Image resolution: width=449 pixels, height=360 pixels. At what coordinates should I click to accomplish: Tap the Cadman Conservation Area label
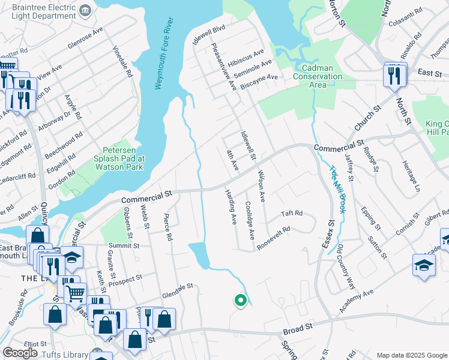tap(318, 76)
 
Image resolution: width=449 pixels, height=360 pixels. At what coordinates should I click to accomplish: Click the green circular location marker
tap(240, 300)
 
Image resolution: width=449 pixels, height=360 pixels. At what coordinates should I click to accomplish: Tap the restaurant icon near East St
tap(395, 76)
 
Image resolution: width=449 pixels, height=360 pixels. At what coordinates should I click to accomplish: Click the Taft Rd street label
tap(292, 214)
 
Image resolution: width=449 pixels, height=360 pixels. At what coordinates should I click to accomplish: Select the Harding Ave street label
tap(231, 208)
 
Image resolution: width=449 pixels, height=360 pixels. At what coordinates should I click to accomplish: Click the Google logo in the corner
tap(20, 353)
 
